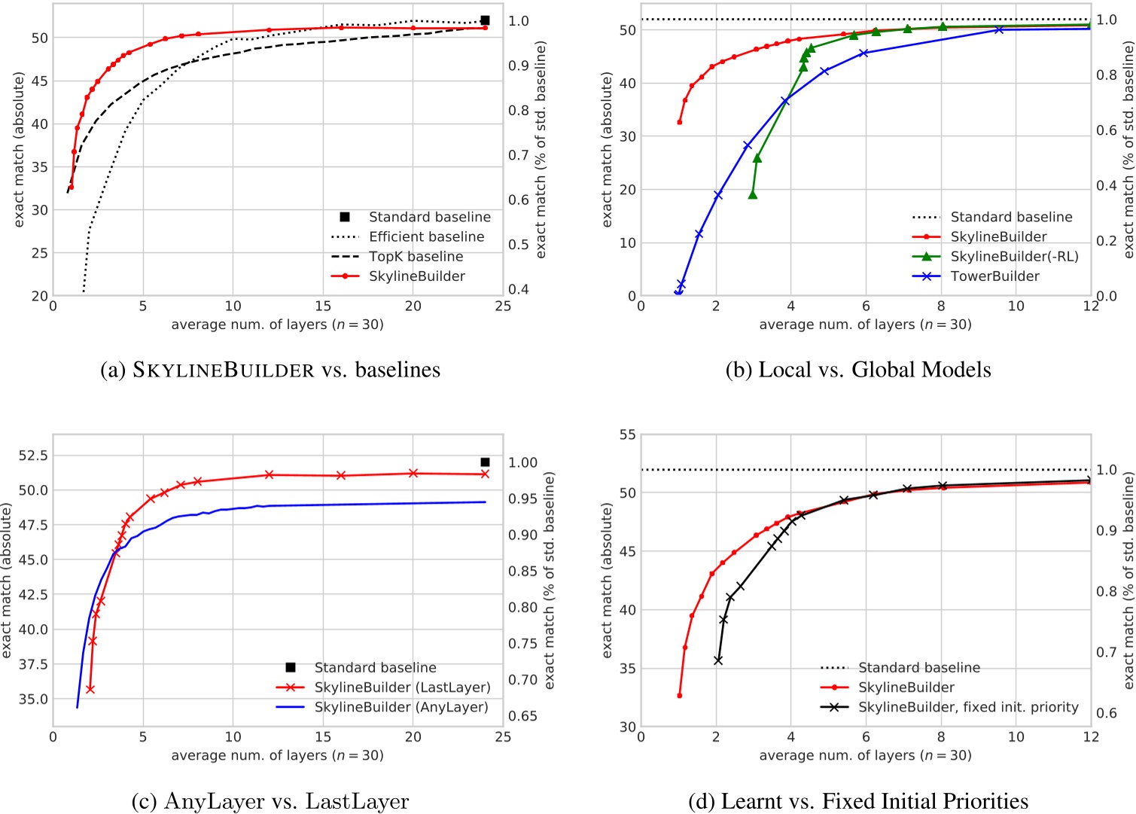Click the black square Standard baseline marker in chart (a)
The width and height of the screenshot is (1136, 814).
tap(485, 20)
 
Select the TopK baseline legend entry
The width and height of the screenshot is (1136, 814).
tap(416, 257)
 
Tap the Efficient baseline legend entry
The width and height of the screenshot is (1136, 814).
tap(426, 236)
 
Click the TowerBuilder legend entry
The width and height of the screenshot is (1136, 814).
tap(994, 276)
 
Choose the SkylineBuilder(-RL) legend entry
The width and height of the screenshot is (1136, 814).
tap(1014, 257)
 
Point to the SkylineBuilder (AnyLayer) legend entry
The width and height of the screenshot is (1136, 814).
tap(401, 707)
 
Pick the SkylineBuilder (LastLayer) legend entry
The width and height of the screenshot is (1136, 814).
tap(402, 687)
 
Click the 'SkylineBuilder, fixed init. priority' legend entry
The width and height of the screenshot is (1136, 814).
tap(968, 707)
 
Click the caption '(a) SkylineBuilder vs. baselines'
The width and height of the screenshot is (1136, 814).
tap(270, 370)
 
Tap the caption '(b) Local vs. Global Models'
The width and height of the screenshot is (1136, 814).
tap(858, 370)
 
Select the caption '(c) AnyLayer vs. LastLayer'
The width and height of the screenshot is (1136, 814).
tap(270, 801)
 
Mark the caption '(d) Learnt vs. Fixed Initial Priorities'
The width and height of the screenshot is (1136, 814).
tap(858, 801)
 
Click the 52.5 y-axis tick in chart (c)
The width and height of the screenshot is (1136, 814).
tap(33, 456)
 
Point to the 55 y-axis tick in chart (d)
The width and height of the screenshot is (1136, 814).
tap(627, 434)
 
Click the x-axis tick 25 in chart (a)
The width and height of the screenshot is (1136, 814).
tap(503, 306)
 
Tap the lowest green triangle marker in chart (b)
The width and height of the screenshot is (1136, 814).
tap(753, 195)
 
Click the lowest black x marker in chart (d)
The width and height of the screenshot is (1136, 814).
tap(718, 660)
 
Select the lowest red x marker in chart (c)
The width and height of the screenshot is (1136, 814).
tap(90, 689)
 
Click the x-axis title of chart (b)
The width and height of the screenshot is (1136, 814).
tap(865, 325)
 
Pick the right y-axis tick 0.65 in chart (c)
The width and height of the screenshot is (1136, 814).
tap(522, 715)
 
